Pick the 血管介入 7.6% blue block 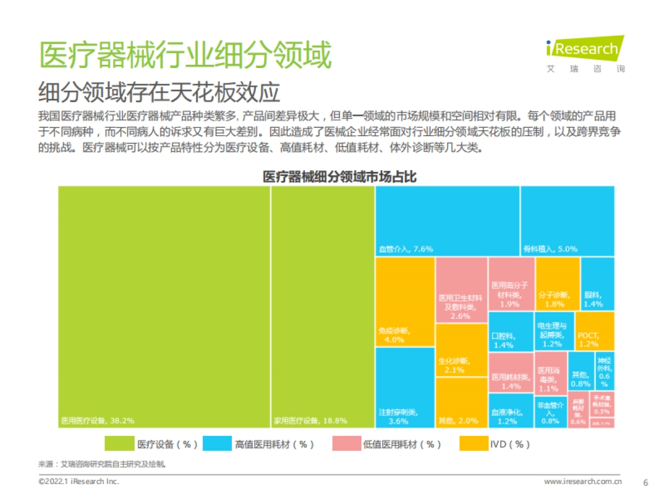pos(448,221)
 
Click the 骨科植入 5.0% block pos(567,221)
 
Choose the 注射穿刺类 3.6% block pos(405,388)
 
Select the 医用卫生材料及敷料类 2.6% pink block pos(461,290)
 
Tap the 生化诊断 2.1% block pos(461,350)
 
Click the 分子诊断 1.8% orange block pos(557,283)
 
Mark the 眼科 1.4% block pos(597,283)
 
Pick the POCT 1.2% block pos(595,331)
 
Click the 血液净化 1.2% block pos(510,410)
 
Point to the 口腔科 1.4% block pos(510,332)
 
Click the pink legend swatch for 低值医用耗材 pos(347,444)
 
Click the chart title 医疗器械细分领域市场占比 pos(339,177)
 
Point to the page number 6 pos(645,482)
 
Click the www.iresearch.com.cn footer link pos(583,482)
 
